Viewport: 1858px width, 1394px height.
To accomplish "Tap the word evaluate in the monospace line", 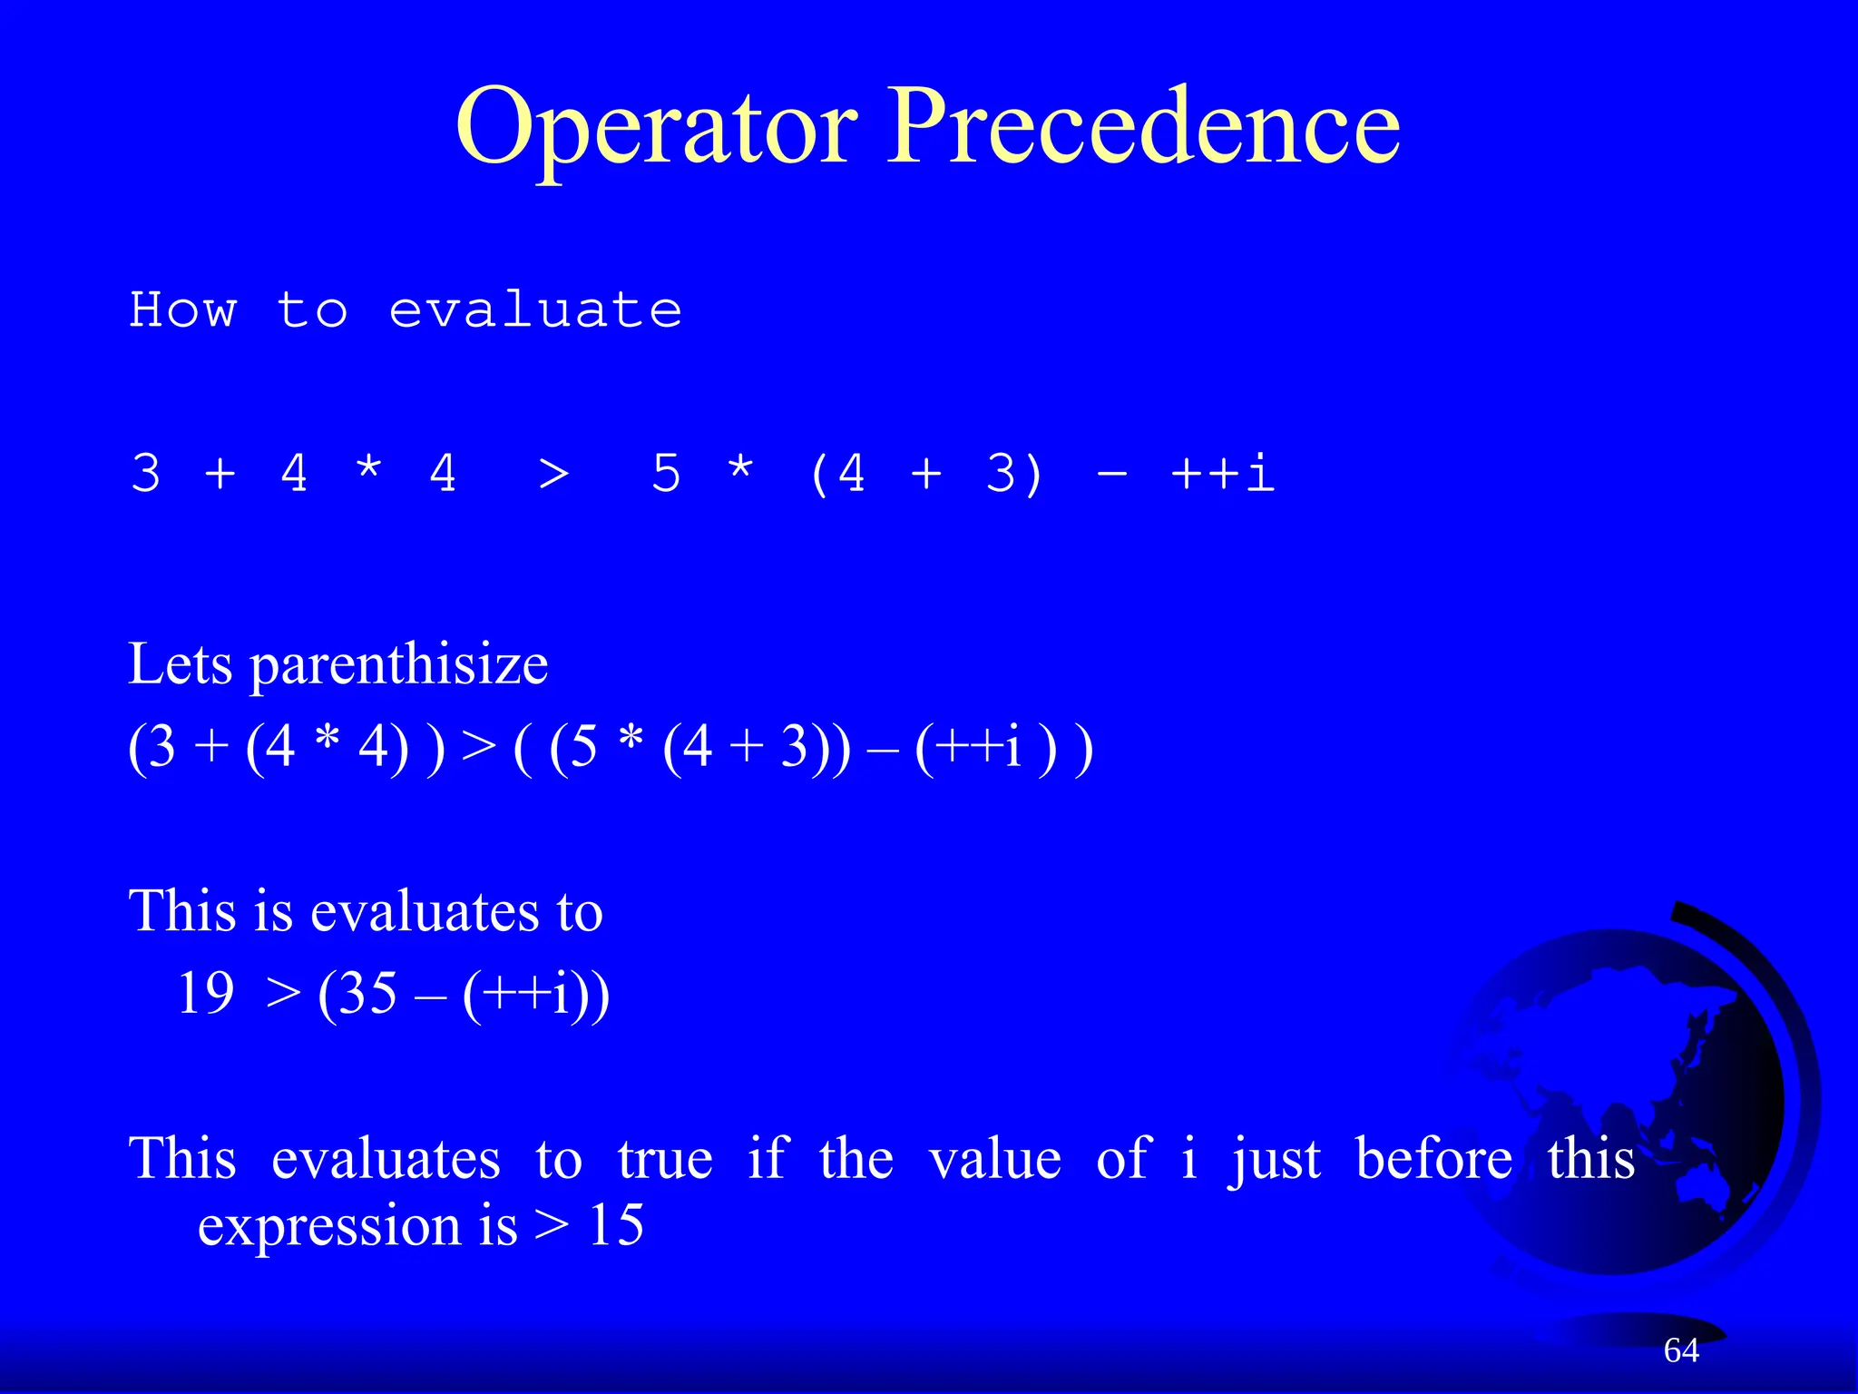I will pyautogui.click(x=535, y=310).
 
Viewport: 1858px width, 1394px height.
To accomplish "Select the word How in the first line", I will pyautogui.click(x=183, y=310).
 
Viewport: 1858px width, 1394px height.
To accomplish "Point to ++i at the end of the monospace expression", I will pyautogui.click(x=1223, y=474).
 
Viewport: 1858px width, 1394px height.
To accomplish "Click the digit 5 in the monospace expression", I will pyautogui.click(x=666, y=474).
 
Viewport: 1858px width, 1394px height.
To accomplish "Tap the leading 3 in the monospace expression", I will pyautogui.click(x=146, y=474).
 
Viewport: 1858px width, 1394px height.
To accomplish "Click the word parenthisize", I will pyautogui.click(x=399, y=666).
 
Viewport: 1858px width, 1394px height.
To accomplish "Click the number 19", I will pyautogui.click(x=206, y=993).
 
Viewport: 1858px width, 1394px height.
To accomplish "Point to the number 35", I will pyautogui.click(x=368, y=993).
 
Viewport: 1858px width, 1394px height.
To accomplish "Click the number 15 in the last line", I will pyautogui.click(x=616, y=1225).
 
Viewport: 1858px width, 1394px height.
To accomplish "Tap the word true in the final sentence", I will pyautogui.click(x=665, y=1159).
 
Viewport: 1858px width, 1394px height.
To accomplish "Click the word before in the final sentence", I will pyautogui.click(x=1433, y=1159).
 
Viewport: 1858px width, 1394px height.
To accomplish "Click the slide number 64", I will pyautogui.click(x=1681, y=1350).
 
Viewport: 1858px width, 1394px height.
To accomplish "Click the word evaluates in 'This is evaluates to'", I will pyautogui.click(x=414, y=911).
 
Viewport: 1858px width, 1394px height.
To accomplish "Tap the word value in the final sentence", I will pyautogui.click(x=995, y=1159).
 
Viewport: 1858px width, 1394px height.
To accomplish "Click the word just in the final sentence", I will pyautogui.click(x=1275, y=1161).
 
